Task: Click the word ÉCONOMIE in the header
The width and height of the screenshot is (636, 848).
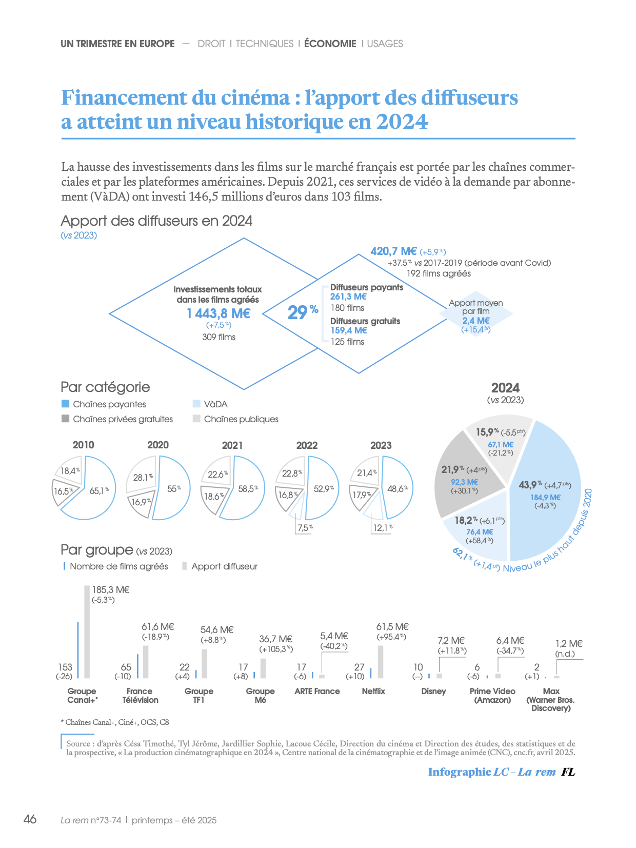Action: [330, 44]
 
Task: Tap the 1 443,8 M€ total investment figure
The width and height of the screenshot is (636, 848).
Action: [218, 313]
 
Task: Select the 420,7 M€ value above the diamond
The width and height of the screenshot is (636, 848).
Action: [393, 251]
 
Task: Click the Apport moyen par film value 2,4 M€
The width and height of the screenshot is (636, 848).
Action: [476, 321]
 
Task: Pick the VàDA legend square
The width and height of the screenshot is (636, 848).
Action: [196, 404]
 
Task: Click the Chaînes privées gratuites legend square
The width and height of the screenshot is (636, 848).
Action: [65, 419]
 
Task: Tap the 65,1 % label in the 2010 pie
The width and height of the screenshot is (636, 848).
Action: [99, 491]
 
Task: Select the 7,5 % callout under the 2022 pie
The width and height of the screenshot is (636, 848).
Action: [305, 527]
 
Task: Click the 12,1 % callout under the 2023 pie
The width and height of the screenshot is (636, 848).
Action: [383, 527]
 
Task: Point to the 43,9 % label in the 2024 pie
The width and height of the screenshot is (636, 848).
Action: [530, 485]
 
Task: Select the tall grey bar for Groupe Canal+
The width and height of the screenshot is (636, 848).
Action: [87, 632]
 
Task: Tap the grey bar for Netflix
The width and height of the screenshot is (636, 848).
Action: [381, 662]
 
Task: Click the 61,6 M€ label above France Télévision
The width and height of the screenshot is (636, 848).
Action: [157, 627]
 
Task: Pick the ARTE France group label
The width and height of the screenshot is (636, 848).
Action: [317, 691]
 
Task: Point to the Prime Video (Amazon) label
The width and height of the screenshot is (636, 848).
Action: [492, 695]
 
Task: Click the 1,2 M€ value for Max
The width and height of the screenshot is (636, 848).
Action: [569, 643]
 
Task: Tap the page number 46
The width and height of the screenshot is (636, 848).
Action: [30, 819]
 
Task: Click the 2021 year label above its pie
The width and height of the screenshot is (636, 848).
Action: [232, 445]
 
